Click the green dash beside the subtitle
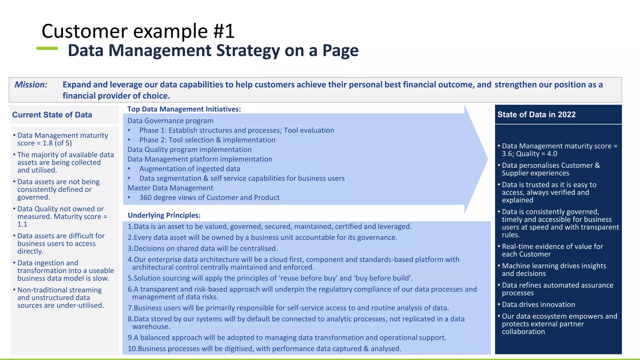(x=47, y=48)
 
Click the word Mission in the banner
(x=31, y=85)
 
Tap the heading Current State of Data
(x=52, y=115)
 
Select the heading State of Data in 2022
(x=536, y=115)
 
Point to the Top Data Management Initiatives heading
(x=184, y=109)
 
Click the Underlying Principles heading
(x=164, y=215)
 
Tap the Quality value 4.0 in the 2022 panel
(x=552, y=154)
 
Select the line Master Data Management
(x=170, y=188)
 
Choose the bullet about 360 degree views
(x=209, y=197)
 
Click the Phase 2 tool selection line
(x=207, y=140)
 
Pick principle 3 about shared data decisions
(x=202, y=248)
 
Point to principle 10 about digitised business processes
(x=264, y=349)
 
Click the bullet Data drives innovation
(x=538, y=305)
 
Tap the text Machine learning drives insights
(x=554, y=266)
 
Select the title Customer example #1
(x=138, y=31)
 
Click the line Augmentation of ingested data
(x=190, y=169)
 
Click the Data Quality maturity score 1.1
(x=22, y=224)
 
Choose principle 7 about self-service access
(x=288, y=308)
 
